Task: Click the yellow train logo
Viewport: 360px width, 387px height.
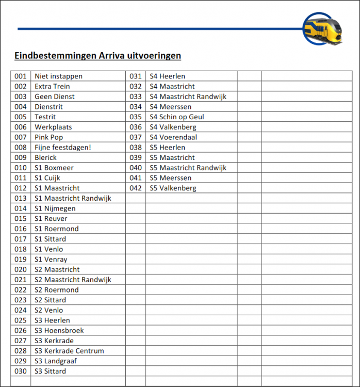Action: (x=323, y=28)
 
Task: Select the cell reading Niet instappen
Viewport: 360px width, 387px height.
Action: (x=58, y=76)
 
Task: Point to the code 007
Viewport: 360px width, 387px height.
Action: (x=21, y=137)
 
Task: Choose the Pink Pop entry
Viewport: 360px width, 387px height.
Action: (x=48, y=137)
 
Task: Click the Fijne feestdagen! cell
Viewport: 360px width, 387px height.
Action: (x=62, y=148)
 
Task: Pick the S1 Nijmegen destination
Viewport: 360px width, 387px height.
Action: (x=55, y=208)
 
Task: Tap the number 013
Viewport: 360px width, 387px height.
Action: (x=21, y=198)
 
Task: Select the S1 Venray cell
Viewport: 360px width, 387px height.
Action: (x=51, y=260)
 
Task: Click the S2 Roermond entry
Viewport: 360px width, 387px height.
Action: (x=56, y=290)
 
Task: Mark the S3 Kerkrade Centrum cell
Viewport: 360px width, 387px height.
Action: (x=69, y=351)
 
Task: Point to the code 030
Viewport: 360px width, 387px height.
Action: (x=21, y=371)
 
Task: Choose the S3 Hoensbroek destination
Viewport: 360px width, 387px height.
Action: (x=59, y=330)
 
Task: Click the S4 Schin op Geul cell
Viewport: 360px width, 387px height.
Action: (x=176, y=117)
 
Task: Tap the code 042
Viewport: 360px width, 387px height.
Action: (x=136, y=188)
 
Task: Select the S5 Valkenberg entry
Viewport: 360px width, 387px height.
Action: (x=173, y=188)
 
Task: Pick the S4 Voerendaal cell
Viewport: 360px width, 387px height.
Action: (x=173, y=137)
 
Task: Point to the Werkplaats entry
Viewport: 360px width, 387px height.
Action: (x=53, y=127)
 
